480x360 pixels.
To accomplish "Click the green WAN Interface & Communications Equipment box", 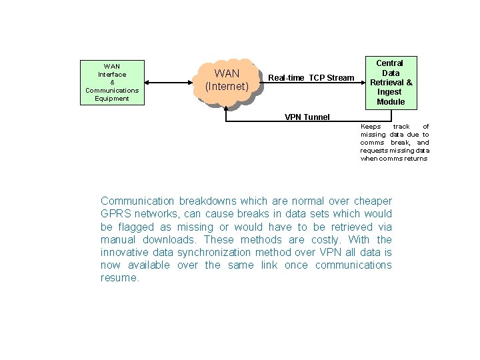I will pyautogui.click(x=112, y=82).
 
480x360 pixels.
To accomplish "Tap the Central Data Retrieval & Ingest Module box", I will pyautogui.click(x=391, y=82).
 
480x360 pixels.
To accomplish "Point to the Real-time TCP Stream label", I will pyautogui.click(x=311, y=78).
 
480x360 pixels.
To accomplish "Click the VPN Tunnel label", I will pyautogui.click(x=307, y=117).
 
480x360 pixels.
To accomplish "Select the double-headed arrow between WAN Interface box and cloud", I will pyautogui.click(x=170, y=83).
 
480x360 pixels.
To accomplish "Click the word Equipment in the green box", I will pyautogui.click(x=112, y=99).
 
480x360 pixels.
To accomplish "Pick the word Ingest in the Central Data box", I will pyautogui.click(x=391, y=92).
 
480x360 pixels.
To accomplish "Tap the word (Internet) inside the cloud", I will pyautogui.click(x=227, y=87).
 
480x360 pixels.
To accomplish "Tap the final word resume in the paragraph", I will pyautogui.click(x=119, y=278).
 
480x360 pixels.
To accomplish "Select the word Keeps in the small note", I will pyautogui.click(x=371, y=127).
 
